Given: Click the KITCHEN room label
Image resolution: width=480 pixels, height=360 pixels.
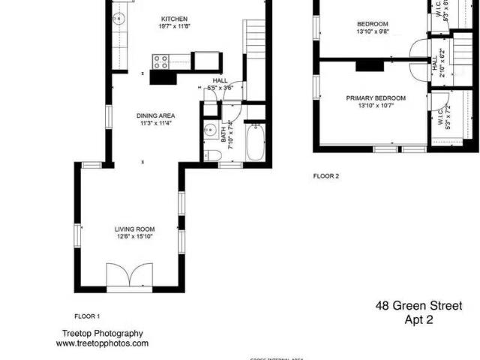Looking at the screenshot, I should pyautogui.click(x=174, y=19).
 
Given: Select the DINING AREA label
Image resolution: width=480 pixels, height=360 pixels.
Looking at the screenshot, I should pyautogui.click(x=155, y=115).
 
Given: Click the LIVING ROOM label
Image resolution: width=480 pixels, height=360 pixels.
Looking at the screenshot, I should pyautogui.click(x=134, y=229).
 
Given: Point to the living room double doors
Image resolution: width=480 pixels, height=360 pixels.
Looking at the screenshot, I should pyautogui.click(x=129, y=275).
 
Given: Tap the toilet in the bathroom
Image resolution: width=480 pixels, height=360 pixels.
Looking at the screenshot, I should pyautogui.click(x=213, y=155).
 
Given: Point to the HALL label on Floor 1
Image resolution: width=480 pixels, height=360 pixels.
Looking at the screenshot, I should pyautogui.click(x=220, y=80).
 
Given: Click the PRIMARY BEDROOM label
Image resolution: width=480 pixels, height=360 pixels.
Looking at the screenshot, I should pyautogui.click(x=375, y=98).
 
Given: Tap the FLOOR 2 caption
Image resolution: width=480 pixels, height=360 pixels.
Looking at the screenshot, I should pyautogui.click(x=326, y=176).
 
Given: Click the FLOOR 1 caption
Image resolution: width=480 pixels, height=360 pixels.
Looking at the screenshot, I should pyautogui.click(x=87, y=316).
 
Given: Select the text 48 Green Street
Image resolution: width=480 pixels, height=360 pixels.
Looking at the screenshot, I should pyautogui.click(x=418, y=306).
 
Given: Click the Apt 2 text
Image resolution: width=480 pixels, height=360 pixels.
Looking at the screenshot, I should pyautogui.click(x=418, y=319).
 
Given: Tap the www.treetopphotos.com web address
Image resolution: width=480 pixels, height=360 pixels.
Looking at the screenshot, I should pyautogui.click(x=102, y=343).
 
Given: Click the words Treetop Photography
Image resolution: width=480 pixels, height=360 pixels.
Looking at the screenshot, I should pyautogui.click(x=102, y=334).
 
